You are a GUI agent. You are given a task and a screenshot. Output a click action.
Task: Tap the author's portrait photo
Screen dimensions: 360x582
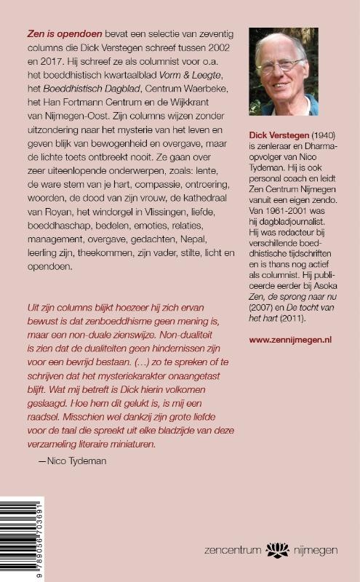(283, 71)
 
